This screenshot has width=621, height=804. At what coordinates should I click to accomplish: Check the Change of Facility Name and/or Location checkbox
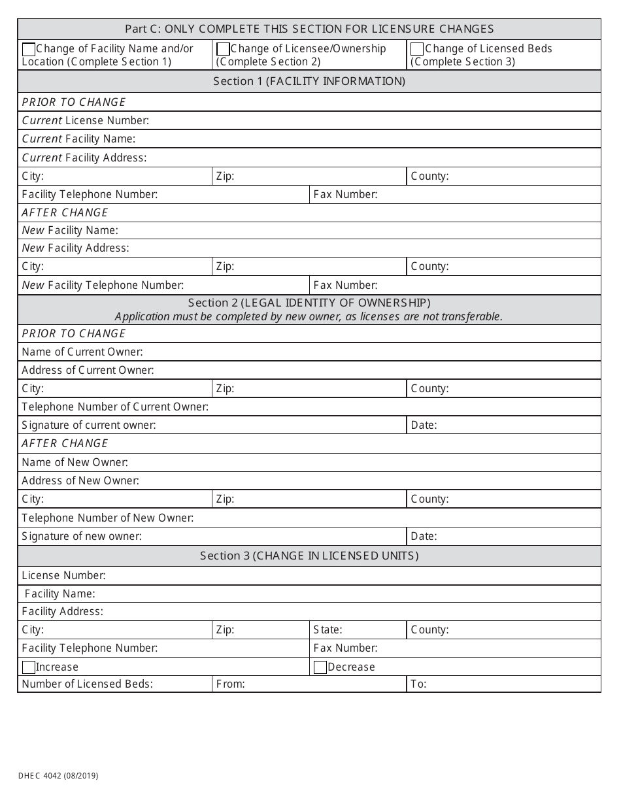click(29, 49)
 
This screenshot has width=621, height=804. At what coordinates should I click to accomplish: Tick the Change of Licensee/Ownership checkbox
click(223, 49)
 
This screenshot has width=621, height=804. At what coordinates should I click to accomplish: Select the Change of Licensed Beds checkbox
click(417, 49)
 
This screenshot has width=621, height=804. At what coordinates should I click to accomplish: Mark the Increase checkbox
click(29, 667)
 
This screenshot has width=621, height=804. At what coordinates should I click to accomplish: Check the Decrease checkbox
click(320, 667)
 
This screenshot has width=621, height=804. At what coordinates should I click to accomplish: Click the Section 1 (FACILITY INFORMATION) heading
click(309, 81)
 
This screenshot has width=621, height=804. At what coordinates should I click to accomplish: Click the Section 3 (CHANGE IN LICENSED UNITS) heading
click(309, 556)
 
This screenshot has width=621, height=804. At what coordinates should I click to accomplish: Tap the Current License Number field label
click(86, 120)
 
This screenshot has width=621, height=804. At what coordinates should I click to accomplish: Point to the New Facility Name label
click(70, 230)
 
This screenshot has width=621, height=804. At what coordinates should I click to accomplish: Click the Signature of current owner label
click(89, 425)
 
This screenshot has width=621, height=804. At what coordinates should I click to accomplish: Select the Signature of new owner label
click(82, 536)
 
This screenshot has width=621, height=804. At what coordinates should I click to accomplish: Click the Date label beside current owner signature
click(424, 425)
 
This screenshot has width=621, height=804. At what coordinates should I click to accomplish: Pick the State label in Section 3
click(327, 630)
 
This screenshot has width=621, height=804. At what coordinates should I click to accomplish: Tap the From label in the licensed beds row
click(230, 684)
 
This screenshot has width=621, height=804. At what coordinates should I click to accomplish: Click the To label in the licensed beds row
click(418, 684)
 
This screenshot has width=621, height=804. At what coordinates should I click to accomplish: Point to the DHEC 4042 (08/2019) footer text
click(59, 776)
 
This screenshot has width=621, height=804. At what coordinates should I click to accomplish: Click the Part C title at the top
click(309, 29)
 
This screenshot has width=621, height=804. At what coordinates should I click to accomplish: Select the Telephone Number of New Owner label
click(108, 518)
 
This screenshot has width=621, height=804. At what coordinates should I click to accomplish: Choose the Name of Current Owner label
click(82, 352)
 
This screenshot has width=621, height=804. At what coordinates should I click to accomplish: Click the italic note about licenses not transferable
click(309, 316)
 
